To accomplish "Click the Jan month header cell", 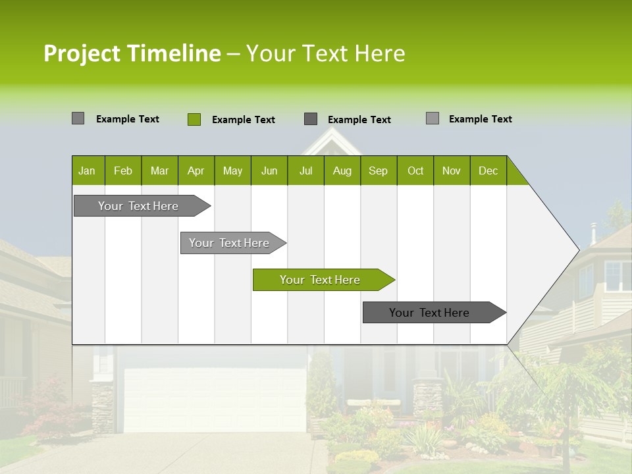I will click(x=87, y=171).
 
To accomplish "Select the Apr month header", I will click(x=196, y=171).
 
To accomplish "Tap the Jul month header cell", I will click(x=305, y=171).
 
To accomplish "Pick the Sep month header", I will click(x=378, y=171).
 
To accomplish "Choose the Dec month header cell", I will click(x=488, y=171).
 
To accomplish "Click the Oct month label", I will click(x=415, y=171).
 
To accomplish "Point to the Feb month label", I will click(x=123, y=171).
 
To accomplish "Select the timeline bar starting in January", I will click(x=138, y=206).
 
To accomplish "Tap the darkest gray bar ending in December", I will click(x=429, y=313).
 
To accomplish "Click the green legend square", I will click(x=194, y=119).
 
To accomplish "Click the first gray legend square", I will click(x=78, y=118).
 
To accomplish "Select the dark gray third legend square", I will click(x=311, y=119).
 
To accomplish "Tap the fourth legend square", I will click(x=433, y=118).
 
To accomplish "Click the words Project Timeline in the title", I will click(x=132, y=53).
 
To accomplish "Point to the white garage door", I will click(x=215, y=398).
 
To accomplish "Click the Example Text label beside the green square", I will click(x=244, y=120).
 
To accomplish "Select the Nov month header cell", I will click(x=452, y=171).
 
